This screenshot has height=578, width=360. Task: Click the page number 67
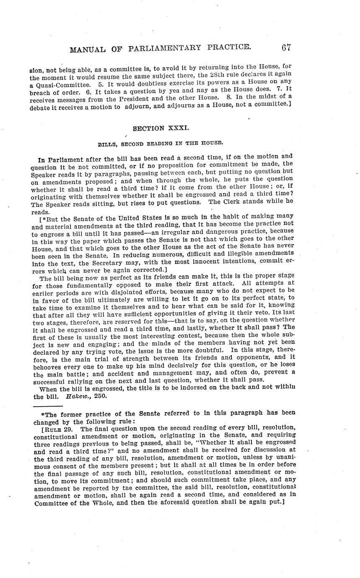(287, 47)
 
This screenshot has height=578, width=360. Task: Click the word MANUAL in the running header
(88, 50)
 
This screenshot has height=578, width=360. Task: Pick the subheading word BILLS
(108, 144)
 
